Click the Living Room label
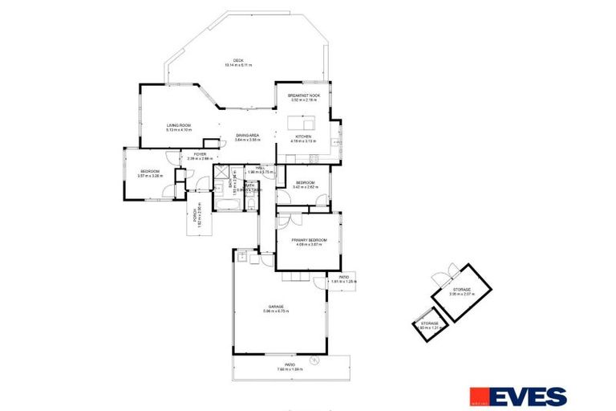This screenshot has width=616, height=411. [x=179, y=126]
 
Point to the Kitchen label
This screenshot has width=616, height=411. [x=303, y=137]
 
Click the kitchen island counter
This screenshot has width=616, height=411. [x=302, y=124]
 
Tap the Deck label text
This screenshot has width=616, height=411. [x=238, y=61]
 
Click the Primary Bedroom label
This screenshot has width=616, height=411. [x=306, y=241]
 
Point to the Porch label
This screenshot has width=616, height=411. [x=195, y=218]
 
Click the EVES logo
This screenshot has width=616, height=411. [x=517, y=396]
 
